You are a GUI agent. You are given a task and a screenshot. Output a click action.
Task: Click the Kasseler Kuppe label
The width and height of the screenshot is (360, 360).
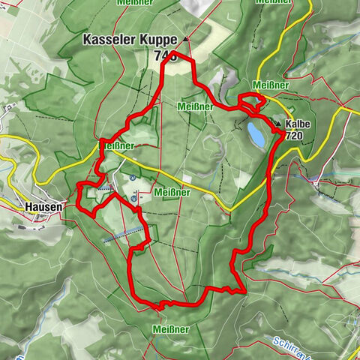coord(130,39)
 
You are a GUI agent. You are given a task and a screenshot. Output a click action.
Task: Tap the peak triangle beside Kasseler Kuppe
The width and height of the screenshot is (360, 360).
coord(184,38)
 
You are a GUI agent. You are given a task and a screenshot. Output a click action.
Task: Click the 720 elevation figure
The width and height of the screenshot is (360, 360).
coord(294,136)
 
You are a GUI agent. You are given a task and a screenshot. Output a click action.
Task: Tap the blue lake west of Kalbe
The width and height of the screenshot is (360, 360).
coord(256,135)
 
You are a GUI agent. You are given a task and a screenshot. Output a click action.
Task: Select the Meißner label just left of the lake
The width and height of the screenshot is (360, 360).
coord(195,106)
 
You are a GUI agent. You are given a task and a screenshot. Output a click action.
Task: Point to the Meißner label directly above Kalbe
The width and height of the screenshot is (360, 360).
coord(270,85)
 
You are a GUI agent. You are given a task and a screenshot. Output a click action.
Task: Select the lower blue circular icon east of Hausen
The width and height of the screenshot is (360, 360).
coord(134,199)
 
